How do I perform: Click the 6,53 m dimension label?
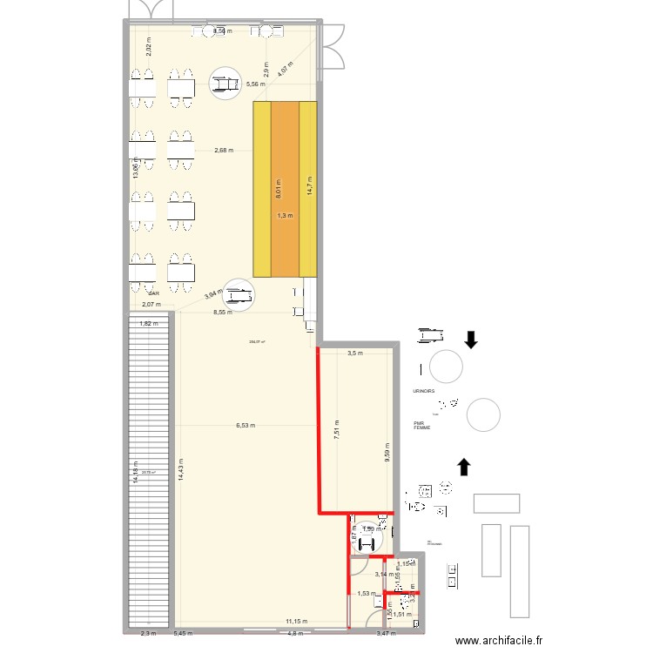click(246, 426)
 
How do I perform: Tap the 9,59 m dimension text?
click(386, 454)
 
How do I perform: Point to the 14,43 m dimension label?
click(180, 470)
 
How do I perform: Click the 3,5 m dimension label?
click(354, 353)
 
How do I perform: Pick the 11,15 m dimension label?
click(295, 622)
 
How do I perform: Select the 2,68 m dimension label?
click(224, 151)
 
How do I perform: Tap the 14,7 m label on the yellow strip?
click(309, 185)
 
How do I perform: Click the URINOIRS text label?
click(424, 392)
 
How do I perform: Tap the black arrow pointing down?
click(471, 339)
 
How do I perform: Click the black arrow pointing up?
click(464, 467)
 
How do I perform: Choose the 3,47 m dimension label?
click(384, 634)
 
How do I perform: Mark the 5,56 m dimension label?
click(255, 84)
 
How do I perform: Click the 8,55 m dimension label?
click(224, 311)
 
